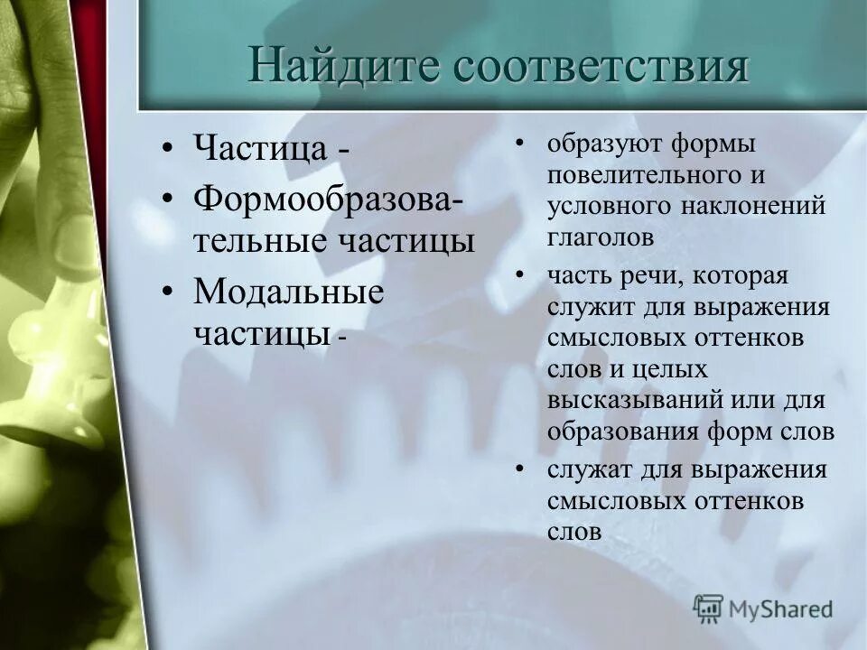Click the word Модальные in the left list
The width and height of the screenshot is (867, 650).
tap(288, 292)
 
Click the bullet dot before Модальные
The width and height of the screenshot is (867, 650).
tap(168, 292)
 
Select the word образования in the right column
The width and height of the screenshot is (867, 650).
tap(622, 431)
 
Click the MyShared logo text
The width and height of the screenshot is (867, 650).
tap(780, 608)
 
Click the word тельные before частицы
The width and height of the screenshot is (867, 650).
tap(262, 241)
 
